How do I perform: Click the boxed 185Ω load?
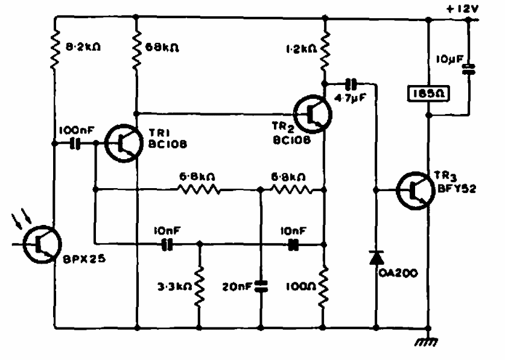pos(428,93)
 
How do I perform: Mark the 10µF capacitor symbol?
pos(468,69)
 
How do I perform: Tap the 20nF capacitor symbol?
pos(261,286)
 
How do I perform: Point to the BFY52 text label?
pos(457,188)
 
